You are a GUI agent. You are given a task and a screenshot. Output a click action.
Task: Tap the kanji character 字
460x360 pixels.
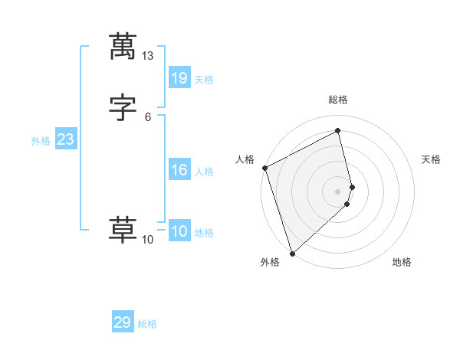[x=123, y=108]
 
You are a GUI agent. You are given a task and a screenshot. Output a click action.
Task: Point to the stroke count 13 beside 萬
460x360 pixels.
[x=148, y=57]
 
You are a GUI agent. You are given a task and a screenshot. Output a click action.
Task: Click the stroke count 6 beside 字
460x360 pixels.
[x=148, y=117]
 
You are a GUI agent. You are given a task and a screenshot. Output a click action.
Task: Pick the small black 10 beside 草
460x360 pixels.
[x=148, y=240]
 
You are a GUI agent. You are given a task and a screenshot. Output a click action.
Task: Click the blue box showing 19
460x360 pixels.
[x=179, y=77]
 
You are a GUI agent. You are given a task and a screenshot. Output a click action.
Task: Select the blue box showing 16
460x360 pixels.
[x=179, y=170]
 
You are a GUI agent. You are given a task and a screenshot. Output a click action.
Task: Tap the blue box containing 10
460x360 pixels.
[x=179, y=231]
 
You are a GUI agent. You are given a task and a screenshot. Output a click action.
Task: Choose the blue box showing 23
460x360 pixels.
[x=65, y=140]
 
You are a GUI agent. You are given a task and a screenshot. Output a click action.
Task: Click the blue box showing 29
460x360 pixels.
[x=123, y=322]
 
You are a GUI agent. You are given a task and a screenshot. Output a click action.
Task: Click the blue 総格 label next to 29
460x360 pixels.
[x=148, y=324]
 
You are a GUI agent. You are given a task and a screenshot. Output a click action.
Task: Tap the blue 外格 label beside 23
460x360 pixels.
[x=41, y=141]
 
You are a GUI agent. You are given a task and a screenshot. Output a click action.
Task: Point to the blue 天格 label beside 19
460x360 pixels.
[x=204, y=79]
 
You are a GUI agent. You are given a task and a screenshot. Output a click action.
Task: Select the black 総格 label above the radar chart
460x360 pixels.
[x=338, y=100]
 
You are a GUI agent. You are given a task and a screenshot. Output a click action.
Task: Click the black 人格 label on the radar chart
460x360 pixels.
[x=245, y=159]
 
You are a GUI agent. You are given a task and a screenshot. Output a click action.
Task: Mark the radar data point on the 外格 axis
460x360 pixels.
[x=292, y=253]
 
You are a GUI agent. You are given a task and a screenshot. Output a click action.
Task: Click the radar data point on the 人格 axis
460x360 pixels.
[x=264, y=168]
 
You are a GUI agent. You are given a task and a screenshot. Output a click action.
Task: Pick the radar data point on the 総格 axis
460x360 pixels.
[x=338, y=131]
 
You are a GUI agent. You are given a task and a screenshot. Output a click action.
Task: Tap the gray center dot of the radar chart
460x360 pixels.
[x=338, y=191]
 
